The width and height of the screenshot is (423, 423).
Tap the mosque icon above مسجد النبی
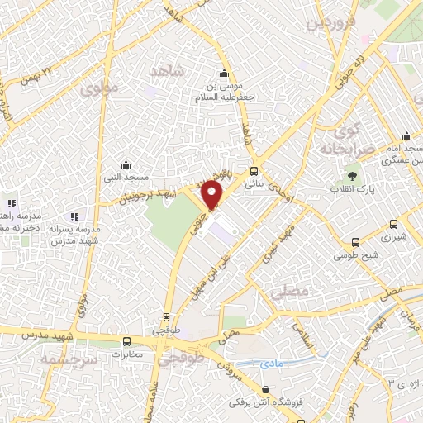125,164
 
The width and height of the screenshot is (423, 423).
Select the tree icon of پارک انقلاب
353,175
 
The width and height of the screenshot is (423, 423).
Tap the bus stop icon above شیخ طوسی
354,242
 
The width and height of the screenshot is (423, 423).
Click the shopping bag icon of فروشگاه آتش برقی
265,389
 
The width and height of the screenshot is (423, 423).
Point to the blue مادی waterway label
269,362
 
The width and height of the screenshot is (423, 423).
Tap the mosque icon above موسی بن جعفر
222,72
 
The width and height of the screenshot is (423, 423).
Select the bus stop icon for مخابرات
126,341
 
